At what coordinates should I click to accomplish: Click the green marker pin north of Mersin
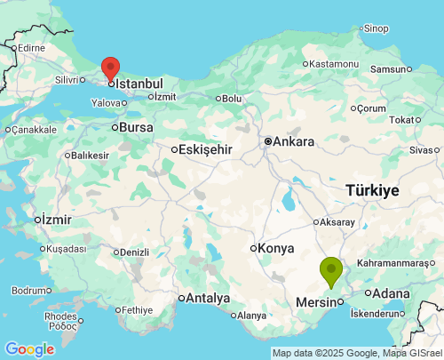pyautogui.click(x=331, y=269)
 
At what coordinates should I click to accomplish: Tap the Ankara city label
pyautogui.click(x=293, y=141)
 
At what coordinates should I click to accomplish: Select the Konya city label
pyautogui.click(x=276, y=248)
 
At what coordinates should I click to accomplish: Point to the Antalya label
pyautogui.click(x=208, y=298)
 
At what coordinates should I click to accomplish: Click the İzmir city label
pyautogui.click(x=55, y=219)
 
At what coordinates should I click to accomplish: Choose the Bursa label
pyautogui.click(x=136, y=127)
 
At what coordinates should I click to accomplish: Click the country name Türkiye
pyautogui.click(x=372, y=190)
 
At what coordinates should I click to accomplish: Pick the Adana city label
pyautogui.click(x=392, y=293)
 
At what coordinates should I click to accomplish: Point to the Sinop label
pyautogui.click(x=376, y=29)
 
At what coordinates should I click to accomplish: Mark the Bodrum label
pyautogui.click(x=31, y=291)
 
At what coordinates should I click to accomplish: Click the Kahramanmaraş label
pyautogui.click(x=397, y=264)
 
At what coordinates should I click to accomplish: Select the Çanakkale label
pyautogui.click(x=33, y=129)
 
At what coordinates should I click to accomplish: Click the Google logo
pyautogui.click(x=29, y=349)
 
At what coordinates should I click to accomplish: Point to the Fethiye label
pyautogui.click(x=139, y=310)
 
